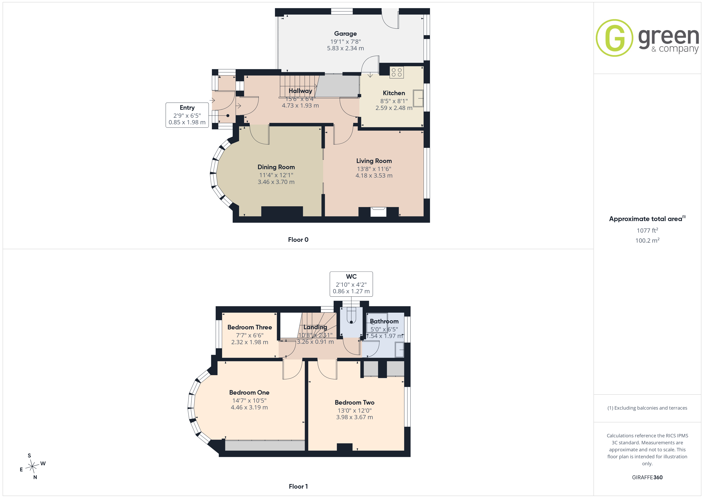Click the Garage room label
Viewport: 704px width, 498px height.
coord(345,34)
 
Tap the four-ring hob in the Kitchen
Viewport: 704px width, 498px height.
coord(396,72)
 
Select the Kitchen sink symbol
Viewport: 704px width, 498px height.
coord(418,98)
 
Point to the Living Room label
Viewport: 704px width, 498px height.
coord(374,161)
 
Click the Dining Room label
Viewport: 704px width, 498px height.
coord(276,167)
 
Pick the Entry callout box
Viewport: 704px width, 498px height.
coord(187,115)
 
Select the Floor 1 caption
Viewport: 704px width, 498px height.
coord(298,486)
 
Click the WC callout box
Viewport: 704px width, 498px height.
coord(351,284)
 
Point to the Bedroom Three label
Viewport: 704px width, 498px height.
coord(250,327)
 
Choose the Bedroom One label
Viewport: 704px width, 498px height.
coord(249,392)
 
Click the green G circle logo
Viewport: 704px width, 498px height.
coord(614,38)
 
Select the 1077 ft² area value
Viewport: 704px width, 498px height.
coord(647,230)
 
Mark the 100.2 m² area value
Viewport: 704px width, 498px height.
coord(647,240)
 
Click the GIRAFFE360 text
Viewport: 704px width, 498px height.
coord(647,477)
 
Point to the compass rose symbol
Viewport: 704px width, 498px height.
coord(32,467)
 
